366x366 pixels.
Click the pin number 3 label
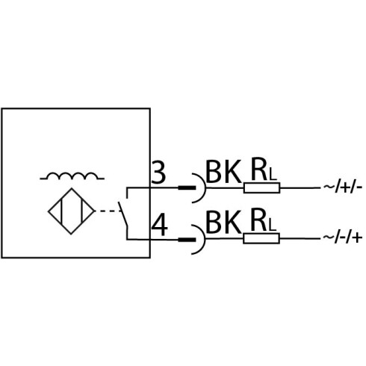pyautogui.click(x=158, y=173)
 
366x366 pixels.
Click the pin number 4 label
pyautogui.click(x=160, y=226)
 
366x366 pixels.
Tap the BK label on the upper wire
pyautogui.click(x=224, y=172)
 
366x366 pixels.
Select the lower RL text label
pyautogui.click(x=264, y=220)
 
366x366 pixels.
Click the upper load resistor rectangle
pyautogui.click(x=262, y=187)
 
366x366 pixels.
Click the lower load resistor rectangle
pyautogui.click(x=261, y=238)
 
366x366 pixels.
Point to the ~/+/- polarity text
pyautogui.click(x=343, y=187)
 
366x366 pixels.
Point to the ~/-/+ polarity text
pyautogui.click(x=343, y=238)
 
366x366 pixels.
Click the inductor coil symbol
pyautogui.click(x=72, y=176)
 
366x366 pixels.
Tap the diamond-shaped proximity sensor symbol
pyautogui.click(x=72, y=211)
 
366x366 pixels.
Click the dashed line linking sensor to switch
pyautogui.click(x=108, y=211)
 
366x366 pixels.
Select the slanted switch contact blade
pyautogui.click(x=122, y=214)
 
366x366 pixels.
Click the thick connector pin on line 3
pyautogui.click(x=187, y=187)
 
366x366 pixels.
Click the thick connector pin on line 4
pyautogui.click(x=187, y=240)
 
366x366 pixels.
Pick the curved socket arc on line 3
pyautogui.click(x=205, y=188)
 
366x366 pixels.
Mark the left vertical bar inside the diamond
pyautogui.click(x=61, y=211)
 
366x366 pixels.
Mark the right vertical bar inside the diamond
pyautogui.click(x=81, y=211)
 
